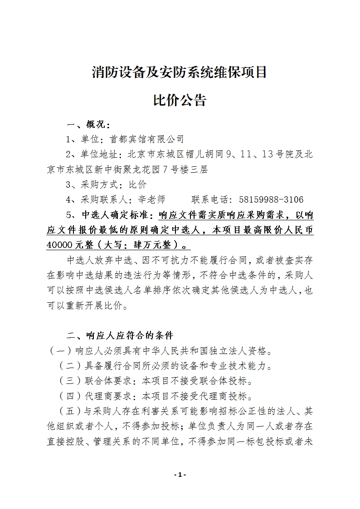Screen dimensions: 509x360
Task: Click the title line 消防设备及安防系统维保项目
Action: pos(180,72)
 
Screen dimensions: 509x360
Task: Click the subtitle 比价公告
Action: pos(180,100)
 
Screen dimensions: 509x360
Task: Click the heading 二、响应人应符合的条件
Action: pos(120,336)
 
